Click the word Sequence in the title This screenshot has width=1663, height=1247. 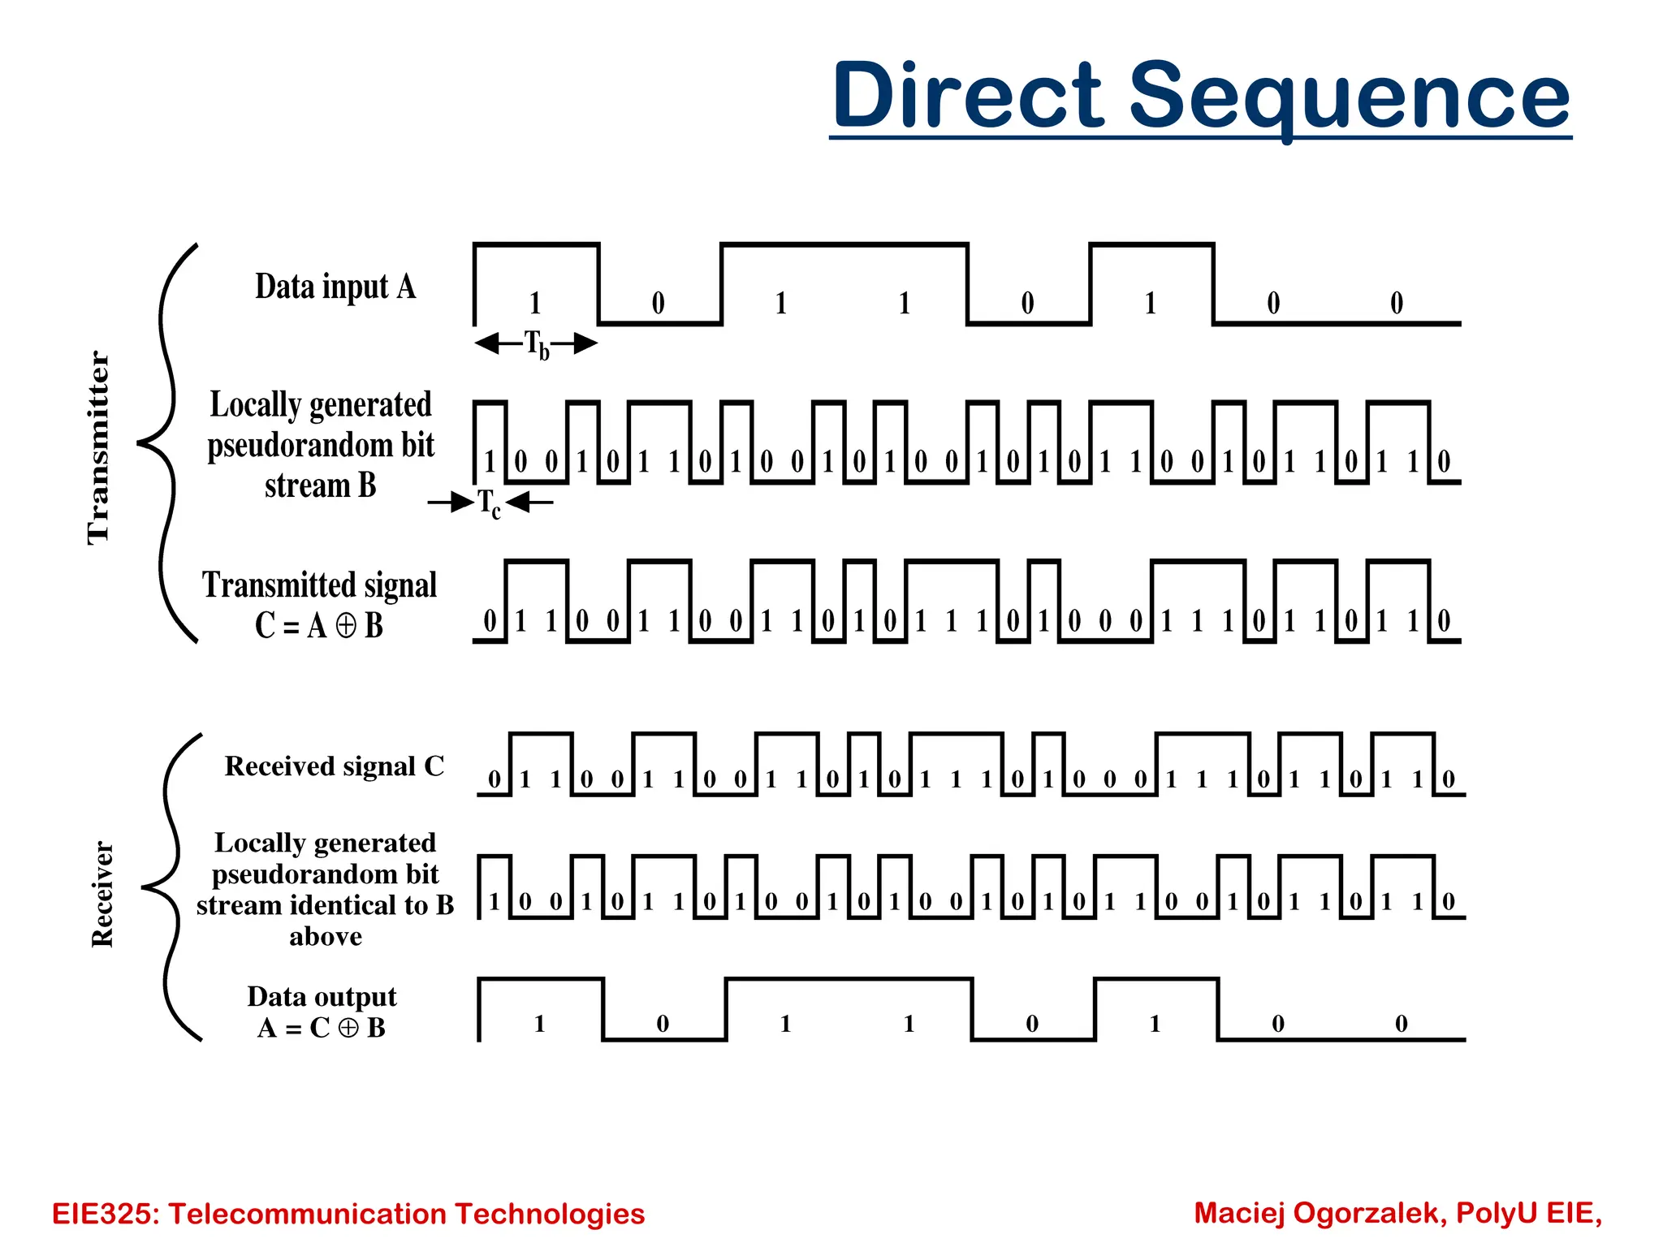click(x=1349, y=97)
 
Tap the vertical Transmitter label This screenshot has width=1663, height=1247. click(x=98, y=447)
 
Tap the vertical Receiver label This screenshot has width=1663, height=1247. click(x=102, y=894)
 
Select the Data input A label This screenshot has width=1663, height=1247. click(x=335, y=287)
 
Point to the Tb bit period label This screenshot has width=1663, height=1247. click(x=536, y=344)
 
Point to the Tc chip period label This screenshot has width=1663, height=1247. click(x=489, y=503)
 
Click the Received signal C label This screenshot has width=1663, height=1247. click(x=335, y=766)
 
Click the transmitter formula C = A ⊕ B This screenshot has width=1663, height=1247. click(x=319, y=626)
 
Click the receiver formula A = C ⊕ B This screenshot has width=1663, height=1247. click(x=322, y=1028)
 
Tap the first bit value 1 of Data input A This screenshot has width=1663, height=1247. click(x=535, y=304)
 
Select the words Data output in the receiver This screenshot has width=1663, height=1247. click(x=322, y=996)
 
